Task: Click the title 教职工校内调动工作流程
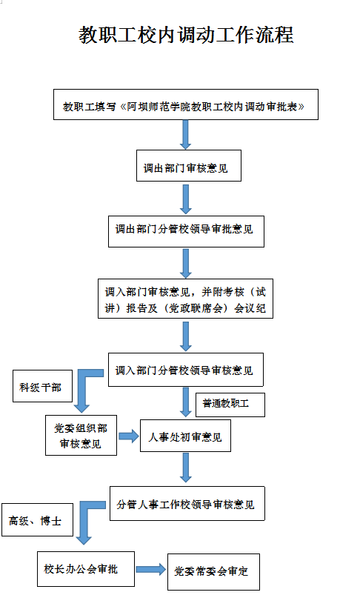186,36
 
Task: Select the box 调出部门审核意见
189,165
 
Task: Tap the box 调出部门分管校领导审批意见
186,231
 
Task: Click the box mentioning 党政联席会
185,299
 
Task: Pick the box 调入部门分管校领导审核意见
186,370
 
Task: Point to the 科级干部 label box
43,386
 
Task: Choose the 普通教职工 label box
230,405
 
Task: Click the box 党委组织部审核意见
81,436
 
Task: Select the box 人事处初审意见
185,436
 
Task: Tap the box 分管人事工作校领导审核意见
187,504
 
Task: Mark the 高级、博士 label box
37,519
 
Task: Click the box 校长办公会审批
86,569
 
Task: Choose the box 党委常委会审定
214,572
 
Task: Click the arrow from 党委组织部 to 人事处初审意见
129,436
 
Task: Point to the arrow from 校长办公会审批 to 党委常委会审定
151,569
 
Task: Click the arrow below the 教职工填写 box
185,135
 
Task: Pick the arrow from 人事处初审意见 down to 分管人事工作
185,468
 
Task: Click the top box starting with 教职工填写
186,104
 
